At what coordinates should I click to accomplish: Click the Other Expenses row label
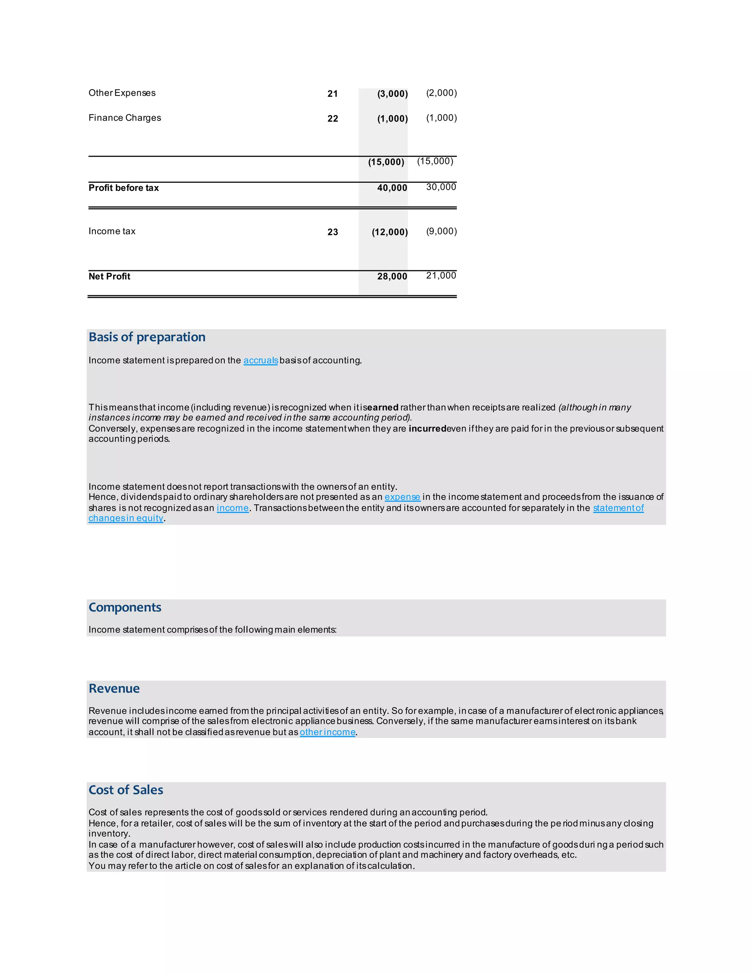click(x=122, y=93)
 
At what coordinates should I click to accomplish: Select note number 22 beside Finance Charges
click(x=332, y=119)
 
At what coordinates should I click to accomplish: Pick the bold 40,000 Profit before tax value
click(x=392, y=188)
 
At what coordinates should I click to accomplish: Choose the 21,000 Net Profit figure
click(x=441, y=276)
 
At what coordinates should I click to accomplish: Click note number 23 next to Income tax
click(x=332, y=232)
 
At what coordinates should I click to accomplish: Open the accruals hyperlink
click(x=261, y=361)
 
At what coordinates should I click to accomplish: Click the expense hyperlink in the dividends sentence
click(x=402, y=497)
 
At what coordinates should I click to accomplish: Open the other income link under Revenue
click(x=328, y=733)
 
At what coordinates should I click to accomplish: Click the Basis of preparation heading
click(x=147, y=337)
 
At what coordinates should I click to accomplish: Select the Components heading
click(x=125, y=608)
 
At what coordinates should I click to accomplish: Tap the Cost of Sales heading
click(x=126, y=791)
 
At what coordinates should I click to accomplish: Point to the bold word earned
click(x=383, y=408)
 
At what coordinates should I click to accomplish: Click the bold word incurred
click(x=427, y=428)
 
